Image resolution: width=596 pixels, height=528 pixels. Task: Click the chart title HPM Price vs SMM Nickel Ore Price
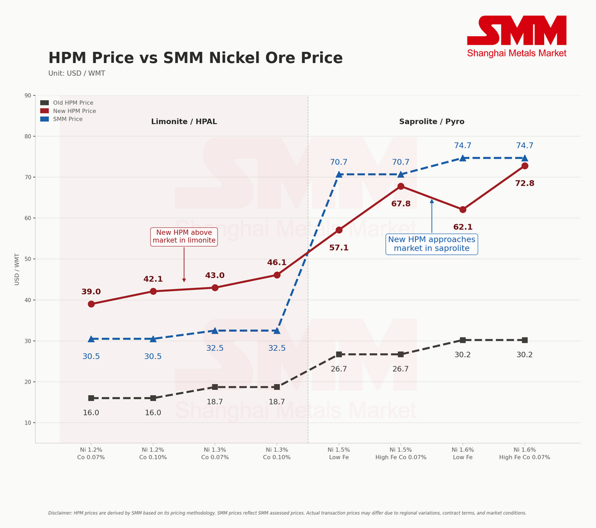(x=195, y=58)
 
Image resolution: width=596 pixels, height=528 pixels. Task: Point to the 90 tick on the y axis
(x=28, y=96)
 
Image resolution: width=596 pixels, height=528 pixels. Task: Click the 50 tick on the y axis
(x=28, y=259)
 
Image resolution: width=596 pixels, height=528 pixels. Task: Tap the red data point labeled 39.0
(x=91, y=304)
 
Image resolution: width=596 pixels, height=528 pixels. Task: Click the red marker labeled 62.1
(x=463, y=209)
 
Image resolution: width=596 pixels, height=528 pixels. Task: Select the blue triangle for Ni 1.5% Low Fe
(x=339, y=174)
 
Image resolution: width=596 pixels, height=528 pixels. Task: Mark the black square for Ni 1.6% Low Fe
(x=463, y=340)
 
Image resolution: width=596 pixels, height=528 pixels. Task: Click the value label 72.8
(x=524, y=184)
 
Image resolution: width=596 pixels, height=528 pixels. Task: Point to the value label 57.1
(x=339, y=248)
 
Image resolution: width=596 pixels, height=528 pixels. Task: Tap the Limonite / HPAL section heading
(x=184, y=122)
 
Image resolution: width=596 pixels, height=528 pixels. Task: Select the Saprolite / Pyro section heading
(x=431, y=122)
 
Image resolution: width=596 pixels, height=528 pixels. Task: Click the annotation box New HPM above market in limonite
(x=184, y=237)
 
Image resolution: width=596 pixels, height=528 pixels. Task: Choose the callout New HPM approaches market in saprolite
(x=431, y=244)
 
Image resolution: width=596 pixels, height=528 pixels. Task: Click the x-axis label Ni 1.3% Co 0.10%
(x=276, y=453)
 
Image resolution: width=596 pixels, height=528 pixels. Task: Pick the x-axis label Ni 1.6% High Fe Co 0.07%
(x=524, y=453)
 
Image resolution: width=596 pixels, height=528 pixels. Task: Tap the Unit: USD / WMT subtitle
(x=77, y=73)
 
